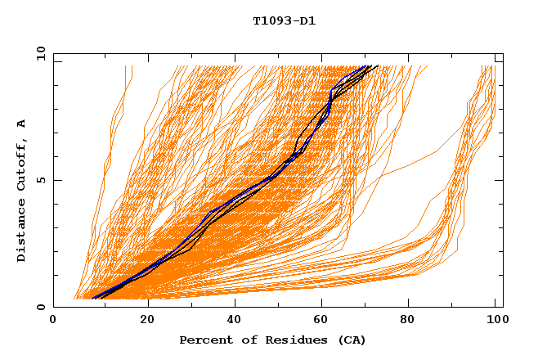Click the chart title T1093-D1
(x=285, y=21)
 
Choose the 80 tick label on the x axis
(x=407, y=320)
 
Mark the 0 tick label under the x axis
(x=53, y=320)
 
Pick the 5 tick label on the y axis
(x=40, y=180)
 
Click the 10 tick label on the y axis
(x=37, y=53)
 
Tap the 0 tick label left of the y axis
(x=40, y=307)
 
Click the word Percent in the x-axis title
(x=203, y=340)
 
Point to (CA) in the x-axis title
(x=349, y=340)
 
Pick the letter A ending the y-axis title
(x=21, y=124)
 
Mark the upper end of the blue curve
(x=365, y=66)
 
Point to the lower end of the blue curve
(x=92, y=298)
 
